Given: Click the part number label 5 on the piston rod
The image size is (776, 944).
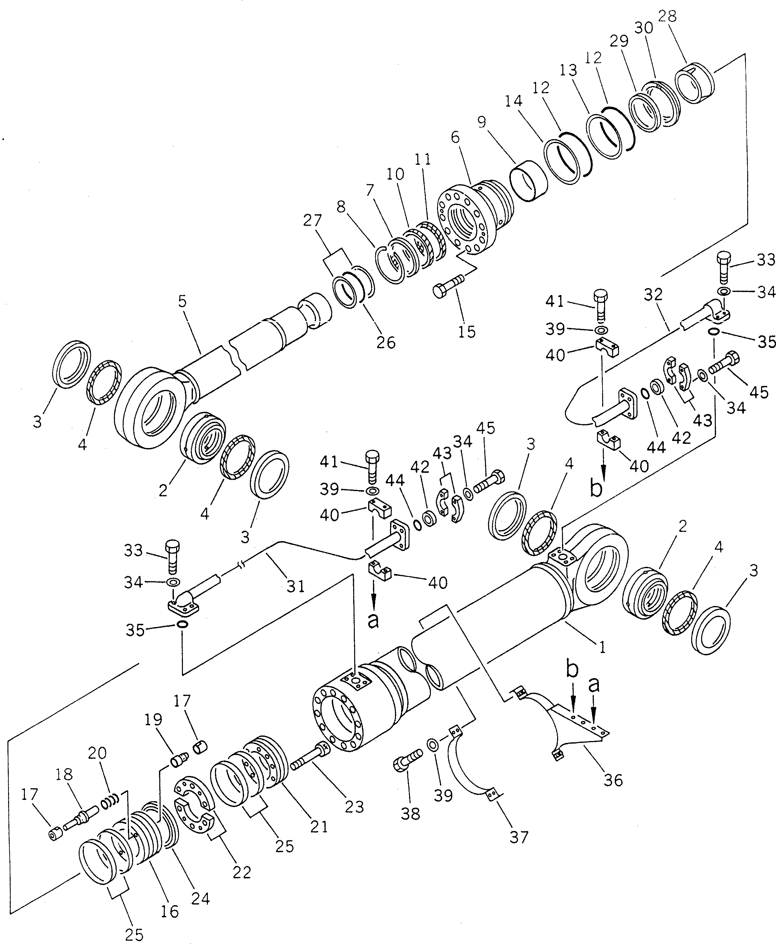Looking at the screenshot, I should click(182, 302).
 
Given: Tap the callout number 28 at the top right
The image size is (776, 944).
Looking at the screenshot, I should click(668, 17).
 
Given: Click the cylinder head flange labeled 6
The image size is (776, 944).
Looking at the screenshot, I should click(469, 219).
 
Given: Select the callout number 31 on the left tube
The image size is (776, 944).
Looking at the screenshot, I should click(296, 586).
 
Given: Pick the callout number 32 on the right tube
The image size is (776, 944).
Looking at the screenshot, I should click(653, 295).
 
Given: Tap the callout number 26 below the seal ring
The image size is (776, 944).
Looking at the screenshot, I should click(386, 343).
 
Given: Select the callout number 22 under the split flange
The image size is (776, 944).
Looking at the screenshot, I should click(242, 872).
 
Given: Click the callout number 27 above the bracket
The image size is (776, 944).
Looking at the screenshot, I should click(312, 221).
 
